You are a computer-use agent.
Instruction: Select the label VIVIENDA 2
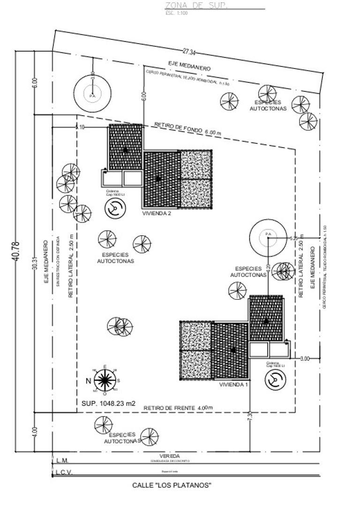click(x=157, y=213)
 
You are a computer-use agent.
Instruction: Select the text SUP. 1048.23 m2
click(x=108, y=403)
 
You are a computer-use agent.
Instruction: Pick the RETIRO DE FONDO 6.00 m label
click(x=187, y=129)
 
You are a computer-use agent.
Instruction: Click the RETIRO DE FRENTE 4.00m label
click(x=178, y=408)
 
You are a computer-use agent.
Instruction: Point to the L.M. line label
click(x=62, y=461)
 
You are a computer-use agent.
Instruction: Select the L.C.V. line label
click(x=64, y=472)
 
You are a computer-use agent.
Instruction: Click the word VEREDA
click(x=169, y=456)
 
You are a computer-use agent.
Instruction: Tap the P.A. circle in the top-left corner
click(x=92, y=94)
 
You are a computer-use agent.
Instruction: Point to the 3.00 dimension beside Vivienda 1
click(x=304, y=359)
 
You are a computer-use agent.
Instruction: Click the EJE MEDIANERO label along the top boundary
click(x=189, y=66)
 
